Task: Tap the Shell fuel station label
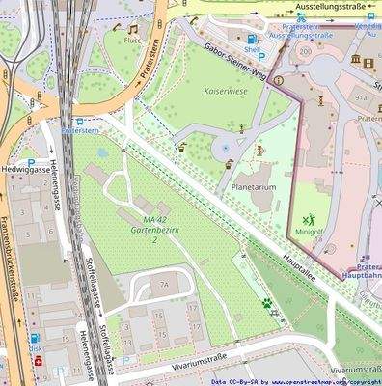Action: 253,47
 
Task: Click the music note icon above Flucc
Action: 132,30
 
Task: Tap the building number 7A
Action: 163,285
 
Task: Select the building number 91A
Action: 363,98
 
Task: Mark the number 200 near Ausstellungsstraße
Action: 306,51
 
